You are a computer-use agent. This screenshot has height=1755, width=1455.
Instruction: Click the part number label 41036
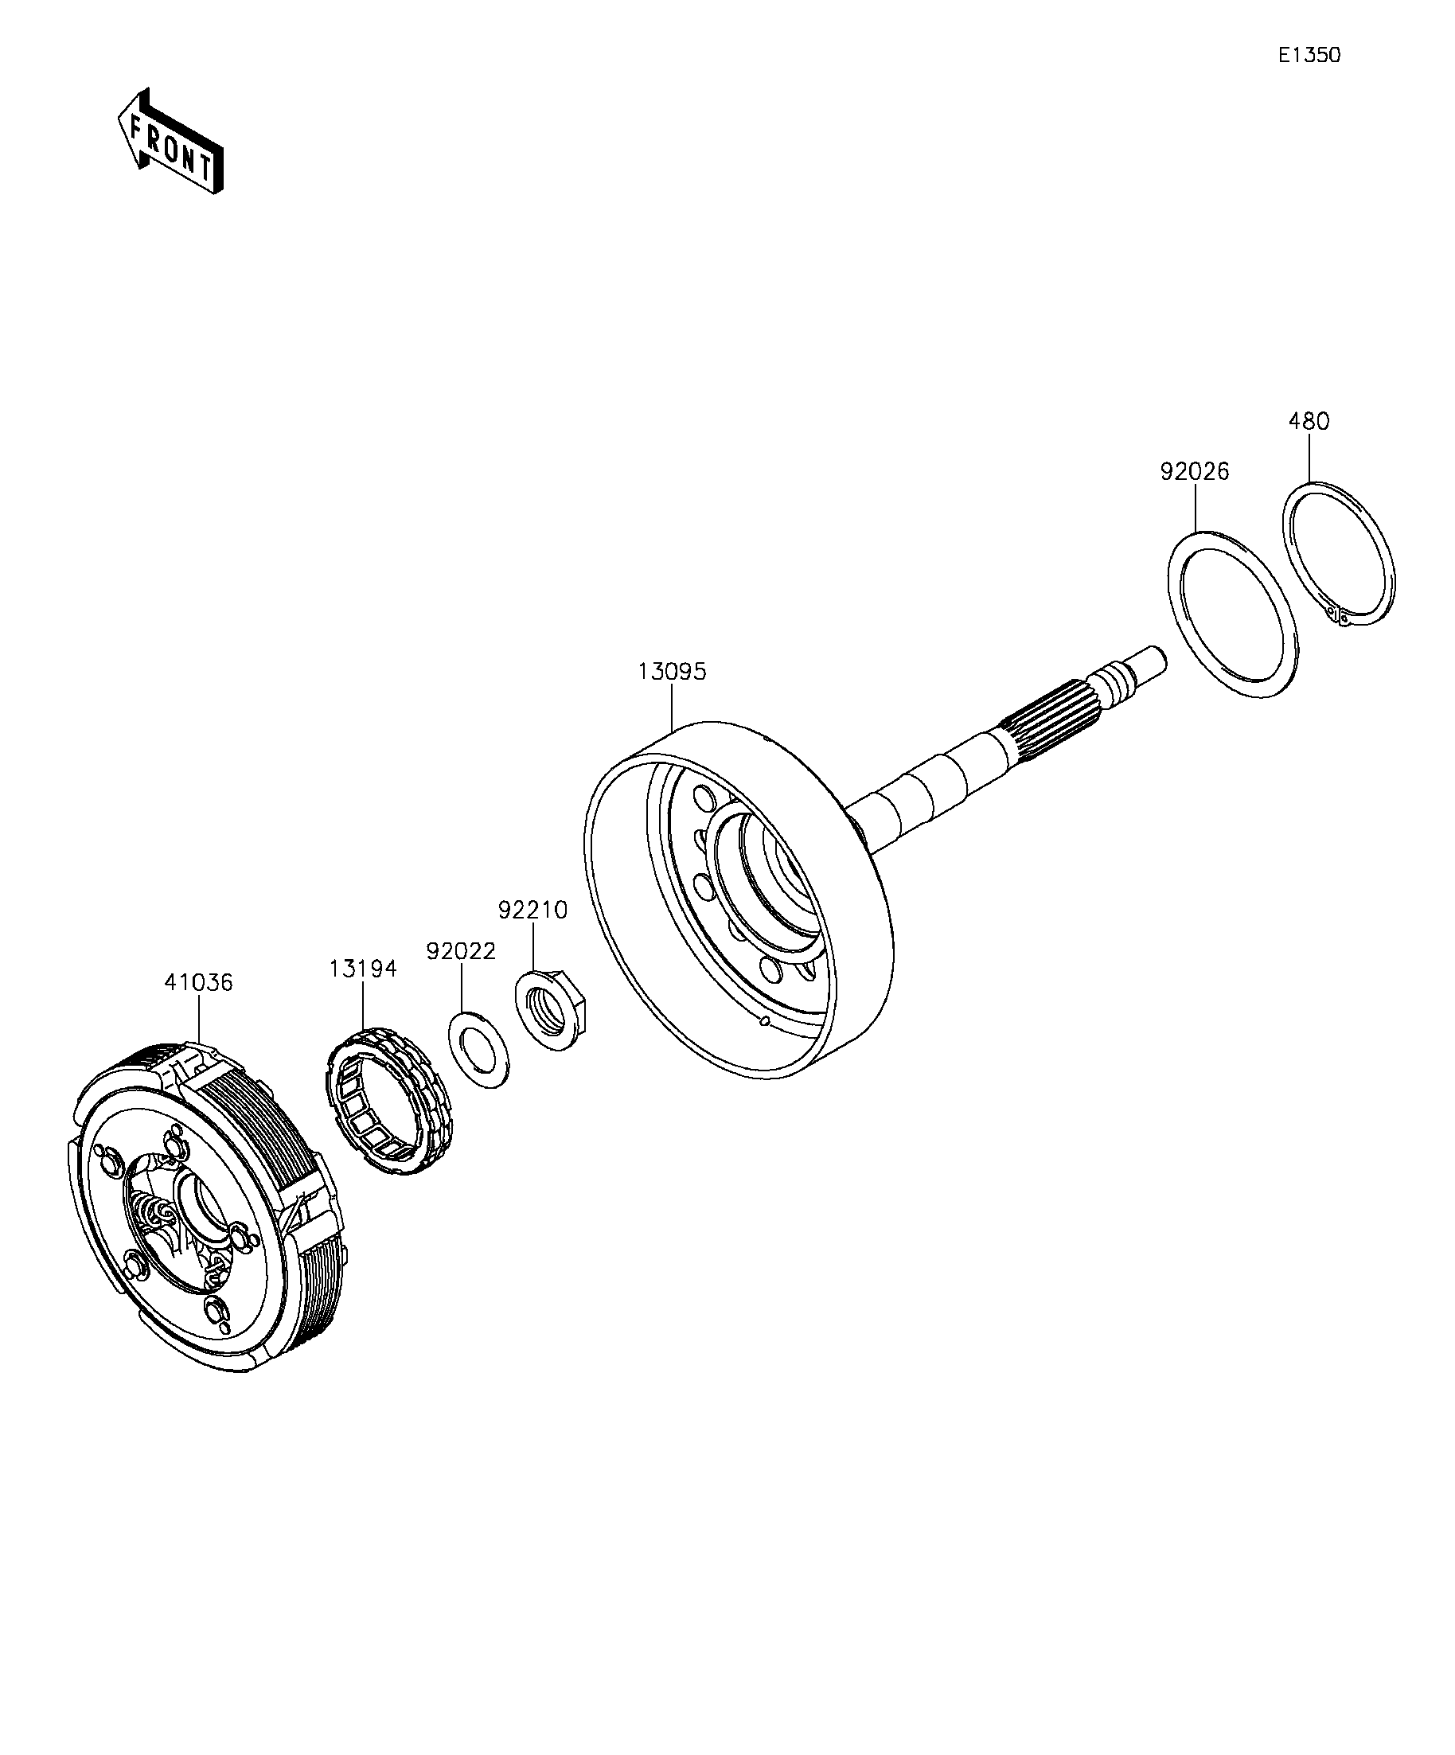click(x=198, y=982)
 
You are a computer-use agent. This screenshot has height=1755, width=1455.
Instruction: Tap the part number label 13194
click(x=363, y=969)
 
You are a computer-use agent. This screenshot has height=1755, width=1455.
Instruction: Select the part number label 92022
click(x=461, y=951)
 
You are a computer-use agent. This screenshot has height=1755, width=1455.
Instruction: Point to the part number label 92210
click(x=532, y=909)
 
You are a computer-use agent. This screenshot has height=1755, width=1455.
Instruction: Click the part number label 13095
click(x=672, y=671)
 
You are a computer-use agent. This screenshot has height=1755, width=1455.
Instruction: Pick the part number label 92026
click(x=1194, y=471)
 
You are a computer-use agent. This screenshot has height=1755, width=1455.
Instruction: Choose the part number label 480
click(x=1308, y=421)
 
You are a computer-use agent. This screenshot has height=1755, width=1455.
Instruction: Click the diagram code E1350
click(x=1309, y=55)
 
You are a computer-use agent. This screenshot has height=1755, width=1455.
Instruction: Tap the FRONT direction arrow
click(x=170, y=142)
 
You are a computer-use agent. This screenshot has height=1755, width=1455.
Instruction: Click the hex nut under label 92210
click(x=552, y=1007)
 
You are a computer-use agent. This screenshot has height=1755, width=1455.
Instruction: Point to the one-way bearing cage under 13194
click(x=388, y=1100)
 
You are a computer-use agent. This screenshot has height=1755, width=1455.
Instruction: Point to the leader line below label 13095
click(x=672, y=707)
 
